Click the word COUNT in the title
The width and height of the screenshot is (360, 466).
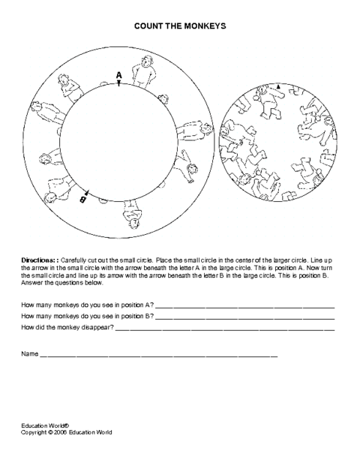(145, 26)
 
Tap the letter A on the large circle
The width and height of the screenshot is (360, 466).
(118, 75)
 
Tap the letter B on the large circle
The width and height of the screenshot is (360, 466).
(83, 199)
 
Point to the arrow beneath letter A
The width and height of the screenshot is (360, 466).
(118, 83)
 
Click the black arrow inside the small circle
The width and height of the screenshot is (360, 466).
(278, 86)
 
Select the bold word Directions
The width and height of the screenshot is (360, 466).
(37, 260)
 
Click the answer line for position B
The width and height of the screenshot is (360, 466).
(245, 319)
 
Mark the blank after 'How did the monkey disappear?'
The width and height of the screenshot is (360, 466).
(225, 330)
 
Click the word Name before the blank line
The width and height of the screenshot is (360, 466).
(30, 353)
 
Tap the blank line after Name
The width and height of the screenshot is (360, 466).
(158, 356)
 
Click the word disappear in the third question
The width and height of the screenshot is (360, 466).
(97, 327)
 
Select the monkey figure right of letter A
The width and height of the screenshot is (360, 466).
(144, 72)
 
